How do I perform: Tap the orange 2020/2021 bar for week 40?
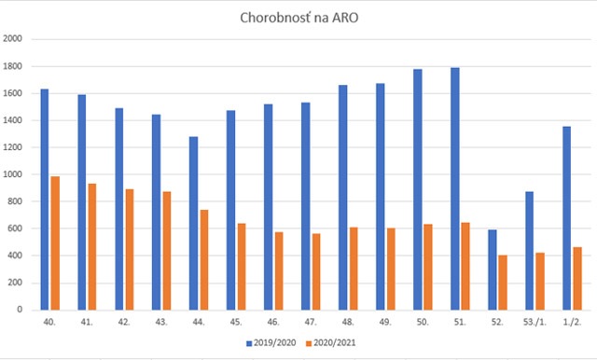(x=54, y=242)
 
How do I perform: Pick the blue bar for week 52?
(x=492, y=270)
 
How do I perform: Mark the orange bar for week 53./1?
(x=539, y=281)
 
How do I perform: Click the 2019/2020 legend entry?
(x=273, y=344)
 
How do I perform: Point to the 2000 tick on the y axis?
(x=16, y=39)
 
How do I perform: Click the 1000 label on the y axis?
(x=16, y=174)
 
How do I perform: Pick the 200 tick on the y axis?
(x=19, y=283)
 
